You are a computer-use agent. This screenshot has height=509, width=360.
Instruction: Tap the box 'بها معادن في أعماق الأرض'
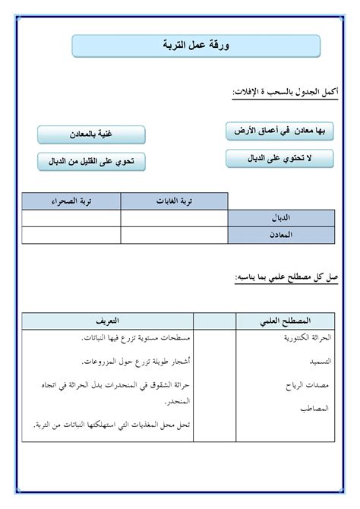click(280, 131)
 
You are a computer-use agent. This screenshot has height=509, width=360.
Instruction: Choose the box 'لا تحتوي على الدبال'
click(280, 158)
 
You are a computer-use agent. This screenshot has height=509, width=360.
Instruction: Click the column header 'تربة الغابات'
click(174, 201)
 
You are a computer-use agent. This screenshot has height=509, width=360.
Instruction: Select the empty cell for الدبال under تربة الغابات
click(174, 219)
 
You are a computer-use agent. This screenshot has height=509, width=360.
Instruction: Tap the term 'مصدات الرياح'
click(308, 385)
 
